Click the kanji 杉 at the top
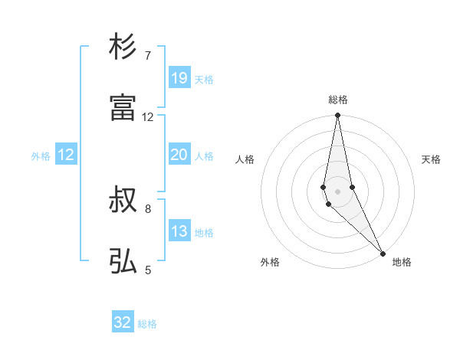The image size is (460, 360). (123, 47)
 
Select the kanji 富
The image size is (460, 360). (123, 108)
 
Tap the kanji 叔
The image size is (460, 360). (123, 200)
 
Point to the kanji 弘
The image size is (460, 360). (123, 261)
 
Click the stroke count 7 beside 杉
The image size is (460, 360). (148, 55)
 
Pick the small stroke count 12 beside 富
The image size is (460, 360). (148, 116)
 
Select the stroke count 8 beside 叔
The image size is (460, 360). (148, 208)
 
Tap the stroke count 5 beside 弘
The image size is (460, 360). (148, 270)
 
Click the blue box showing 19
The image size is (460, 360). (179, 78)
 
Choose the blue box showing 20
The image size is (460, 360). (179, 155)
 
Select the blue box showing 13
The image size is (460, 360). (179, 231)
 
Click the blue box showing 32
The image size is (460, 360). (123, 323)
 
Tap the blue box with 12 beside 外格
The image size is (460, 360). (66, 155)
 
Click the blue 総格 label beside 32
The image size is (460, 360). (147, 324)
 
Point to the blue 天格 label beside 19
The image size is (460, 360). (204, 79)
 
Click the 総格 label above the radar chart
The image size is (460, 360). (338, 100)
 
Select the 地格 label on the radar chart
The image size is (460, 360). (402, 262)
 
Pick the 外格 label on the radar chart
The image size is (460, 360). (270, 262)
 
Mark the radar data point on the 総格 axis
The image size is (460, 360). (338, 116)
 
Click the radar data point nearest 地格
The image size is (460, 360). (383, 253)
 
